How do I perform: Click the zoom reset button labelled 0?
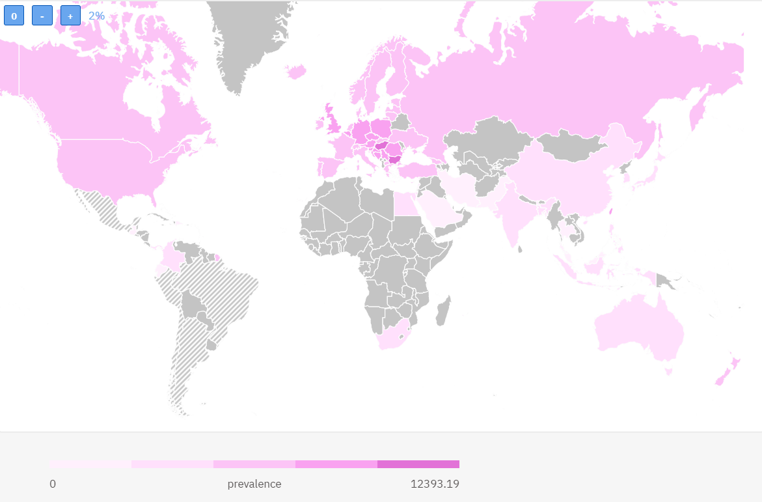[x=14, y=16]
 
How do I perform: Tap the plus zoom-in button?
[x=70, y=16]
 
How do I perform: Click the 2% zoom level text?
[x=96, y=16]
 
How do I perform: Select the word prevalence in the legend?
[x=254, y=484]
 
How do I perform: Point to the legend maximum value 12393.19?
[x=435, y=484]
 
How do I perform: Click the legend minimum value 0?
[x=53, y=484]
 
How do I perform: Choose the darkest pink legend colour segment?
[x=418, y=464]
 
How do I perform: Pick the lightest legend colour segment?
[x=90, y=464]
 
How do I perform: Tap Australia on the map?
[x=641, y=329]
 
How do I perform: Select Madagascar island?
[x=442, y=311]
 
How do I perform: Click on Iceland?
[x=295, y=70]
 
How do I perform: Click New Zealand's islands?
[x=726, y=372]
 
